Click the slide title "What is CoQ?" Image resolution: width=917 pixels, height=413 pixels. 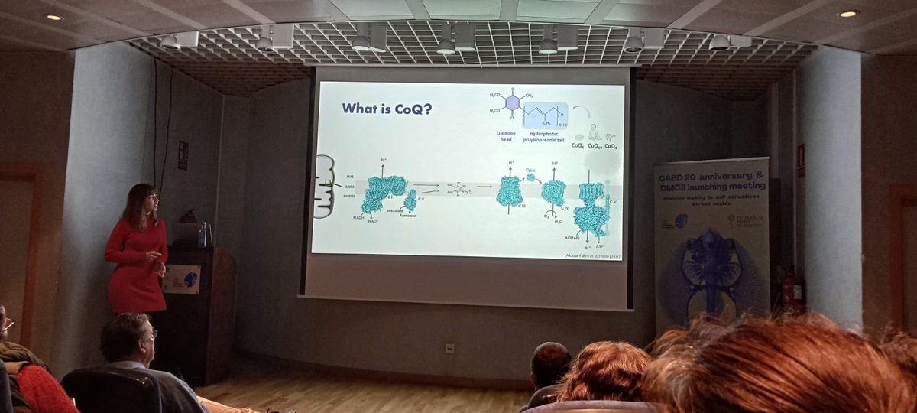pyautogui.click(x=387, y=109)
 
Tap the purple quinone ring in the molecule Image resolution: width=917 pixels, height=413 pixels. pyautogui.click(x=512, y=102)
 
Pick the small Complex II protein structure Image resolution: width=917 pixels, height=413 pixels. pyautogui.click(x=410, y=200)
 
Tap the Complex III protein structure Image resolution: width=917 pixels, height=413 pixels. pyautogui.click(x=509, y=191)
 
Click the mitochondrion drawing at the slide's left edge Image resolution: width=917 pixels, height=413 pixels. pyautogui.click(x=325, y=186)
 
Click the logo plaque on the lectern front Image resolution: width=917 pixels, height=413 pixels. pyautogui.click(x=181, y=279)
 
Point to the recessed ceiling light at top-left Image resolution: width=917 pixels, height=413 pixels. pyautogui.click(x=53, y=16)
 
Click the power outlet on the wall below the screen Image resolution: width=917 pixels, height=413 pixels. pyautogui.click(x=449, y=348)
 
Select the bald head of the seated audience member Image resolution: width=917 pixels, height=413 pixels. pyautogui.click(x=550, y=361)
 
